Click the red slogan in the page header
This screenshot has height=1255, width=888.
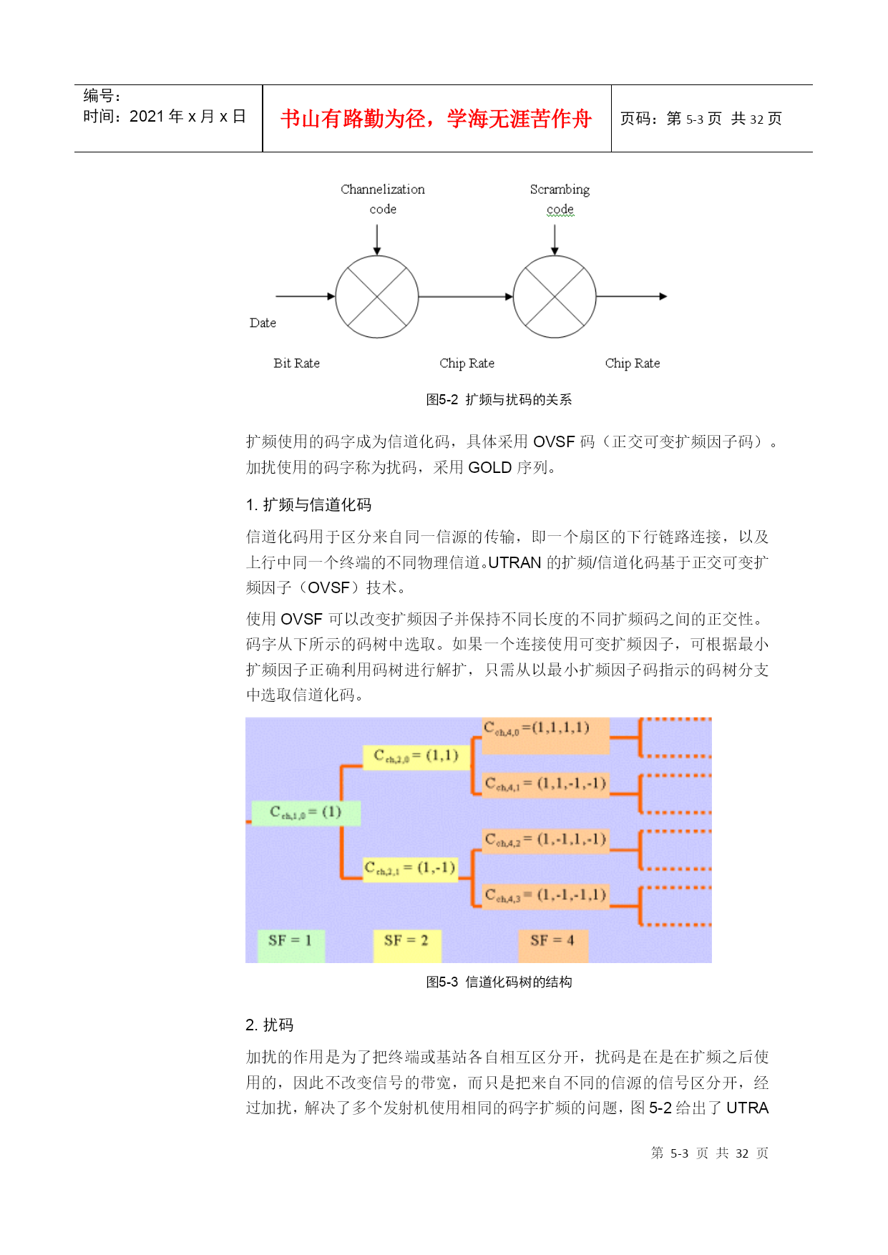[436, 118]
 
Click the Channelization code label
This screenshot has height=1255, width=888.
[383, 199]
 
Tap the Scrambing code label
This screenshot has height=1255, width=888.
[560, 199]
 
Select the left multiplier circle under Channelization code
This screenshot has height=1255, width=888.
[377, 296]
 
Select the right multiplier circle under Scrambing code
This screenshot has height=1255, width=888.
[555, 296]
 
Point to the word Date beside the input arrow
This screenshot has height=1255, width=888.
[263, 323]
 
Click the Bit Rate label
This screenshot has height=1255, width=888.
[296, 363]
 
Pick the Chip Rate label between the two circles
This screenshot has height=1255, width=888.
[467, 363]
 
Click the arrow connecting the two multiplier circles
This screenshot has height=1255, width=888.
[466, 296]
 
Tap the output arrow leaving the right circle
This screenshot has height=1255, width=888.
[632, 296]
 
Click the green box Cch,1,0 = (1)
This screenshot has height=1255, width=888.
[306, 812]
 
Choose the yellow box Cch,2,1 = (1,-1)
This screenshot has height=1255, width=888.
[410, 869]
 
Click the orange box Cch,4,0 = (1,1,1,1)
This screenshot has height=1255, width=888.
[545, 736]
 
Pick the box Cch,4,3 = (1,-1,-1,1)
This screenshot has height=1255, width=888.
[545, 894]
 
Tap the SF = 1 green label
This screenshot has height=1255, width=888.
[291, 946]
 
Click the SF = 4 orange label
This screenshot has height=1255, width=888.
[553, 946]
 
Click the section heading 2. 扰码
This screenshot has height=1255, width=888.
[270, 1025]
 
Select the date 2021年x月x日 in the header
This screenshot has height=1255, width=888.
[187, 116]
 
